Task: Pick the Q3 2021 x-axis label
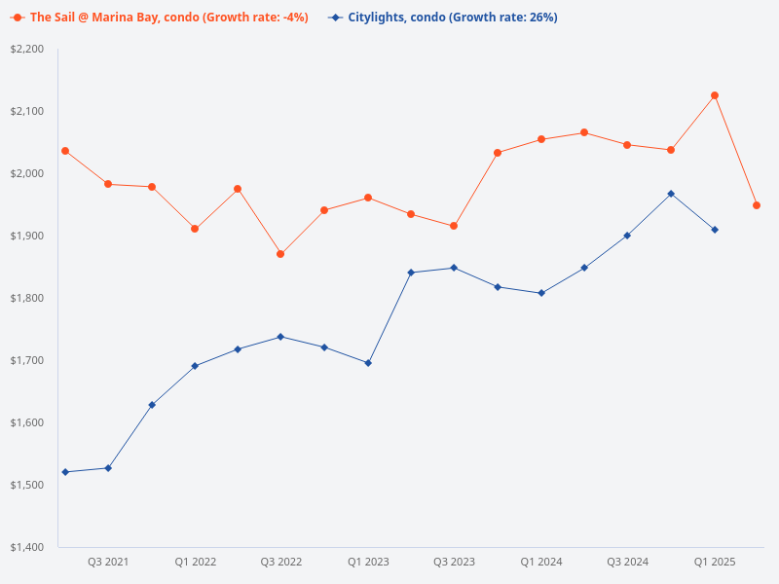[108, 562]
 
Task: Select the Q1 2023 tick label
[368, 562]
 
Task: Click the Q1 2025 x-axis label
[715, 562]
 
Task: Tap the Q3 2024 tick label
[627, 562]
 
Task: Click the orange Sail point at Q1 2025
[715, 95]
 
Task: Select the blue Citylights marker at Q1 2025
[715, 230]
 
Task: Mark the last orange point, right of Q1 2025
[757, 205]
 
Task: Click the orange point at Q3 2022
[280, 254]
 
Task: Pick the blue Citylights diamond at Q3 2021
[108, 468]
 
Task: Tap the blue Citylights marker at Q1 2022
[195, 366]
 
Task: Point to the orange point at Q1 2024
[541, 139]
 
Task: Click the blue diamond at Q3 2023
[454, 268]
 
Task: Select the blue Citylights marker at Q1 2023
[368, 363]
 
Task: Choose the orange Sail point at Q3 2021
[108, 184]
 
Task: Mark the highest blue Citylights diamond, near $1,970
[671, 194]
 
